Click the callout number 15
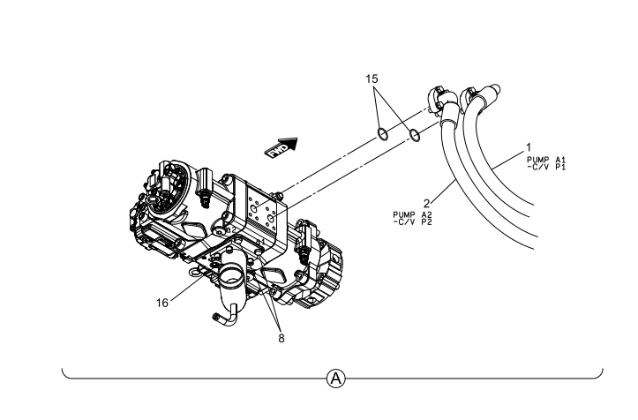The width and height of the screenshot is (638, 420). (x=372, y=79)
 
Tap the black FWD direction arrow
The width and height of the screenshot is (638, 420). (x=281, y=147)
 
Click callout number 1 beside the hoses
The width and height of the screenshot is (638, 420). (x=529, y=147)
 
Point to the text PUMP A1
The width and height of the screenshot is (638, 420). (x=546, y=160)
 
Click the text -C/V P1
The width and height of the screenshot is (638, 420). (x=546, y=167)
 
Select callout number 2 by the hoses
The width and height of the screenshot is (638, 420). (x=426, y=203)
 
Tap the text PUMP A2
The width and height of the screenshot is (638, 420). (x=412, y=214)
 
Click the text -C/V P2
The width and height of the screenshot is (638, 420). (x=412, y=221)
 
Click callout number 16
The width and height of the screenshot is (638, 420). (x=162, y=303)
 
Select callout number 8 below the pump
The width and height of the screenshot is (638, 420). (x=281, y=338)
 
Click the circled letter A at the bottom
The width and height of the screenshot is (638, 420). (x=335, y=379)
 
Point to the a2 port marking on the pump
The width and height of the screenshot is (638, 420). (x=230, y=229)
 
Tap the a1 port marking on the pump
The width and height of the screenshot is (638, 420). (x=260, y=242)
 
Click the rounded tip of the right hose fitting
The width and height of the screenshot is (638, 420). (x=495, y=88)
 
